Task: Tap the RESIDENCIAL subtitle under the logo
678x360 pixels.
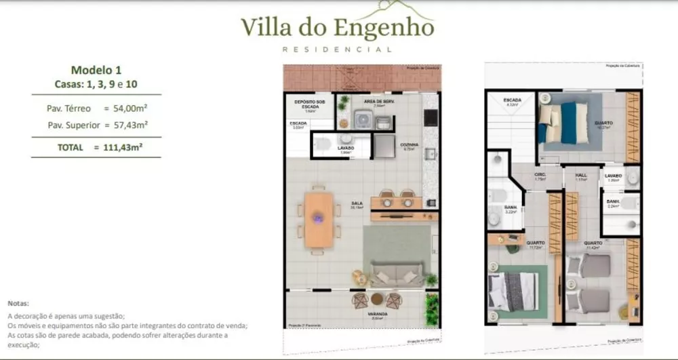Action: [x=337, y=49]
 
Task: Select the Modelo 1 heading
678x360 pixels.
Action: [x=96, y=70]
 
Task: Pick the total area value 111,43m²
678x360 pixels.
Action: [x=123, y=147]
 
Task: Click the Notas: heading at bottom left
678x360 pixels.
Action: [x=18, y=303]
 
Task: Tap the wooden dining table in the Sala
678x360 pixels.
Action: [x=319, y=219]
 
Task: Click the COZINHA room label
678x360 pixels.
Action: [x=409, y=145]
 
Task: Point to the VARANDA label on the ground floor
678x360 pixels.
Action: [x=378, y=315]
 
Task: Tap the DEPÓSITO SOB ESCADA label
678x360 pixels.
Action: [x=308, y=104]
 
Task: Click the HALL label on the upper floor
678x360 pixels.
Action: [x=580, y=176]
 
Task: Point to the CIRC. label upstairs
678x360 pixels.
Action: [x=540, y=176]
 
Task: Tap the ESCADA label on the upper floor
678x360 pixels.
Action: [x=512, y=101]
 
